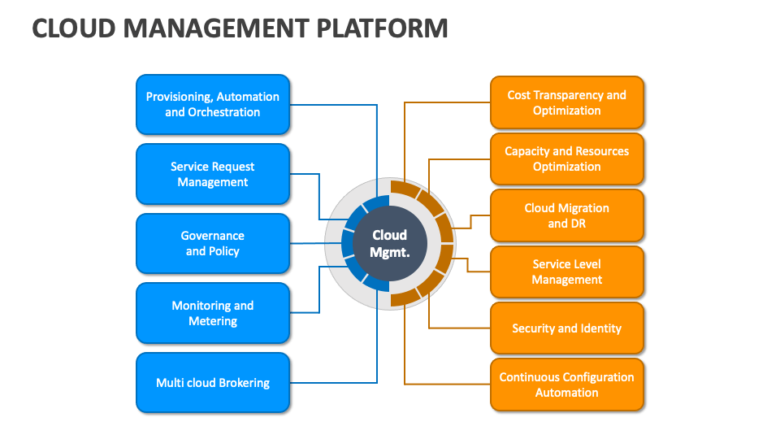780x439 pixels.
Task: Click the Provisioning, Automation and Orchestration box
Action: [212, 104]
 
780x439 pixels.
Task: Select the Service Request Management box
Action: [212, 174]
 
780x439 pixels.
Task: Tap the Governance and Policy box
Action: [212, 243]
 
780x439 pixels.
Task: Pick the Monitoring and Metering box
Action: [212, 313]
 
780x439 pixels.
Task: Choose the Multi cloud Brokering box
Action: [212, 382]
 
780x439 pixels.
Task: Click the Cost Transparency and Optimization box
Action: [566, 102]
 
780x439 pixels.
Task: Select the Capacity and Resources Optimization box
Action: [566, 159]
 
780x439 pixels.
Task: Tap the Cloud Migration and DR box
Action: [566, 215]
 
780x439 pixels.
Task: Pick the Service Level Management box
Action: [566, 272]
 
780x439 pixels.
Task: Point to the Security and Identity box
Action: [566, 328]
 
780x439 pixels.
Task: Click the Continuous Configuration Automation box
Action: [566, 385]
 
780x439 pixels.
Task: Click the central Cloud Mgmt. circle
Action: [389, 243]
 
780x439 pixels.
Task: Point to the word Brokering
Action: [241, 383]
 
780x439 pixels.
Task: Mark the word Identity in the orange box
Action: [600, 328]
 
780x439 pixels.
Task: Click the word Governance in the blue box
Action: [212, 236]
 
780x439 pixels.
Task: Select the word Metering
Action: [212, 321]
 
